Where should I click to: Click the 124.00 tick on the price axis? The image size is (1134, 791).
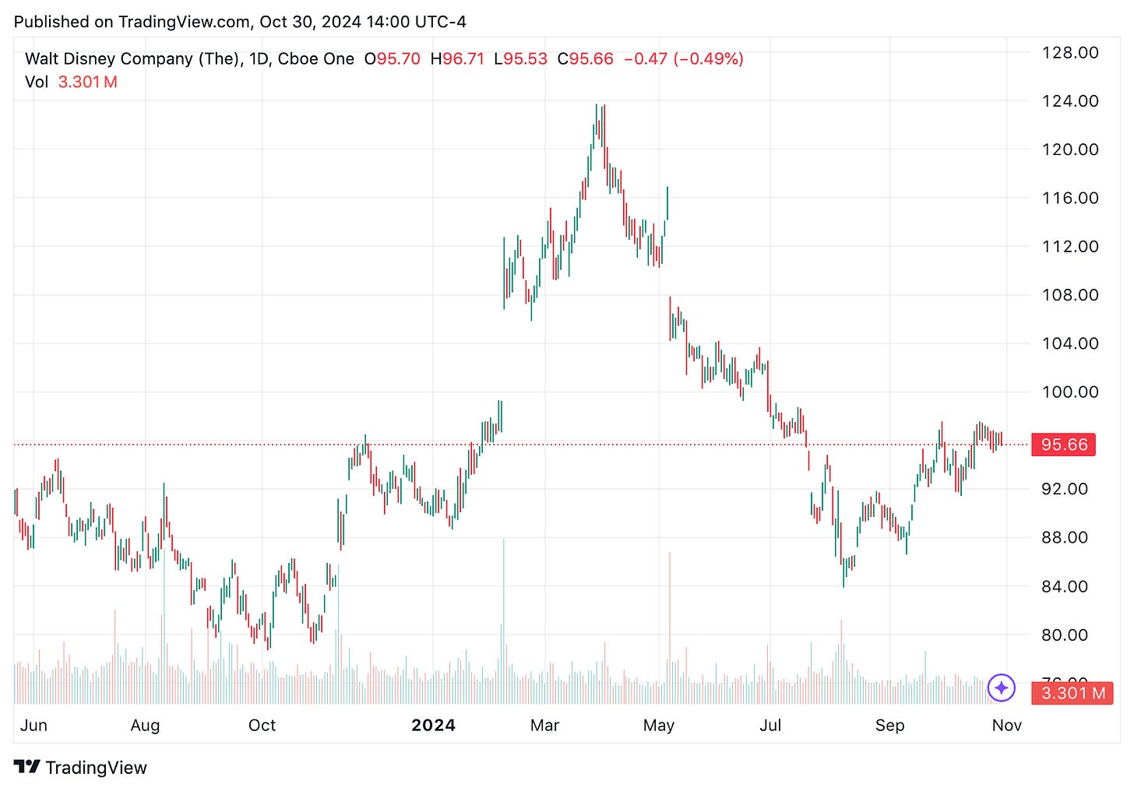1069,101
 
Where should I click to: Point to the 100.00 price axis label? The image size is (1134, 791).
1069,392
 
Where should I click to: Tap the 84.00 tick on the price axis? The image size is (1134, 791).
1069,586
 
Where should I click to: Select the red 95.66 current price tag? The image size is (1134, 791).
1063,445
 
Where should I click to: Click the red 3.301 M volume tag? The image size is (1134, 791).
1072,693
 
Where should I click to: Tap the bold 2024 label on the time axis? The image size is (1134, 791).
433,726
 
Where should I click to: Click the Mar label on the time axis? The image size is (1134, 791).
544,726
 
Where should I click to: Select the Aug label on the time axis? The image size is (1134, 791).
145,726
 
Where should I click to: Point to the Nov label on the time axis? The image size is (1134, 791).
1006,726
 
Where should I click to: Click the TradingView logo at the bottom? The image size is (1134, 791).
80,768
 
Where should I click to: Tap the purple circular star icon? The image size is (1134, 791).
1001,687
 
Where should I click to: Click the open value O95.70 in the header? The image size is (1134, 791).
393,59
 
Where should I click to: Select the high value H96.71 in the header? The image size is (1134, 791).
457,59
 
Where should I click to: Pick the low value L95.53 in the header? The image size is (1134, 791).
520,59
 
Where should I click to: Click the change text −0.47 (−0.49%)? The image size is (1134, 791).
683,59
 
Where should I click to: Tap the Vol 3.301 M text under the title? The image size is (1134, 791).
71,83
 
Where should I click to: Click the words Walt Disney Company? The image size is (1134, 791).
109,59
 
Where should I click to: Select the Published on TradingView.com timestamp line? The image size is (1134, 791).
240,22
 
